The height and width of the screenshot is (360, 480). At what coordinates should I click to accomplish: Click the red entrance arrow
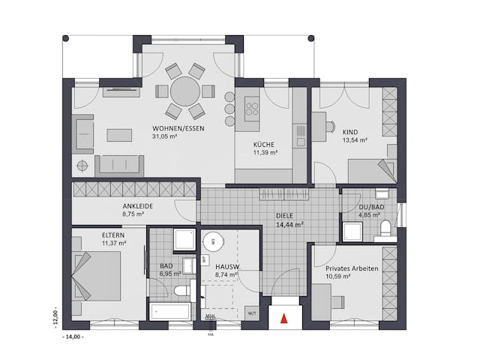[283, 318]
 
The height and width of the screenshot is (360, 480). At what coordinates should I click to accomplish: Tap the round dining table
[184, 92]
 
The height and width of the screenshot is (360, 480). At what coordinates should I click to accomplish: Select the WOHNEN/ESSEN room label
[178, 127]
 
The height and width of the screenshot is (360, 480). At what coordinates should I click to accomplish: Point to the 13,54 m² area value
[355, 139]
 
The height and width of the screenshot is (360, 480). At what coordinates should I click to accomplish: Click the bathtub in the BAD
[170, 312]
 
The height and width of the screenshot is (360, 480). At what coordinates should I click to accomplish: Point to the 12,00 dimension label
[54, 313]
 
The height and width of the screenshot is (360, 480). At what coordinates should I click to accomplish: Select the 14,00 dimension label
[73, 337]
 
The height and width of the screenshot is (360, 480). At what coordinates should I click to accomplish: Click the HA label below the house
[211, 334]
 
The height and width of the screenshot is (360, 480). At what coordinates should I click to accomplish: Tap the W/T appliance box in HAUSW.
[252, 313]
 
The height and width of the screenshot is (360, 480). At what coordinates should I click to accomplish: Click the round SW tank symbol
[213, 241]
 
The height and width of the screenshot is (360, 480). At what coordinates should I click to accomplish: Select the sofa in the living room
[118, 163]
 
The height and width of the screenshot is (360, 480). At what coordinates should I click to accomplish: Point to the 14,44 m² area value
[289, 223]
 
